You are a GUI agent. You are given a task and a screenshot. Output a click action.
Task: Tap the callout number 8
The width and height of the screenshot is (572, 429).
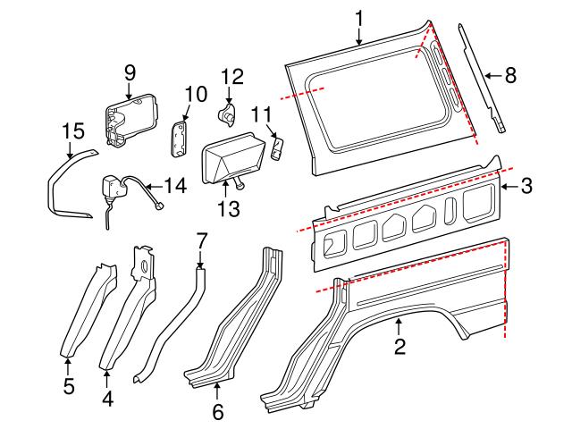pos(509,76)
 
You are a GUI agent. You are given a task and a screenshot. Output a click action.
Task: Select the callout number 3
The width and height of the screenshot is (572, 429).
pos(526,186)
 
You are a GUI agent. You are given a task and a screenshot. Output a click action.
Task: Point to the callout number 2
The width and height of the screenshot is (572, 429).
pos(400,345)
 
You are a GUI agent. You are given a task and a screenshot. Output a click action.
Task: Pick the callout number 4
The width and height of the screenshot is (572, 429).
pos(107,400)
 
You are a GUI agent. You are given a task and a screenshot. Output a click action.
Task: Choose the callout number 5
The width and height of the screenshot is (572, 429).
pos(68,389)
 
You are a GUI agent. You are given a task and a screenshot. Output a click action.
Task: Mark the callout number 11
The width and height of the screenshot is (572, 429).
pos(260,114)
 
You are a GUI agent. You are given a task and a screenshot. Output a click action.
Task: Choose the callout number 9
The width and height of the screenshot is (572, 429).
pos(130,71)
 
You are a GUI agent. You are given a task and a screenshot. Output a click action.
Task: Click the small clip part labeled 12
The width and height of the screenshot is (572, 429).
pos(229,114)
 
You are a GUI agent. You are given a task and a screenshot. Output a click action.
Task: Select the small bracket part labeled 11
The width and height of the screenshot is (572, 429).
pos(278,147)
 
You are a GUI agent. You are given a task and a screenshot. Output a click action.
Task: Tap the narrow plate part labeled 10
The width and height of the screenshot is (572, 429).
pos(180,138)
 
